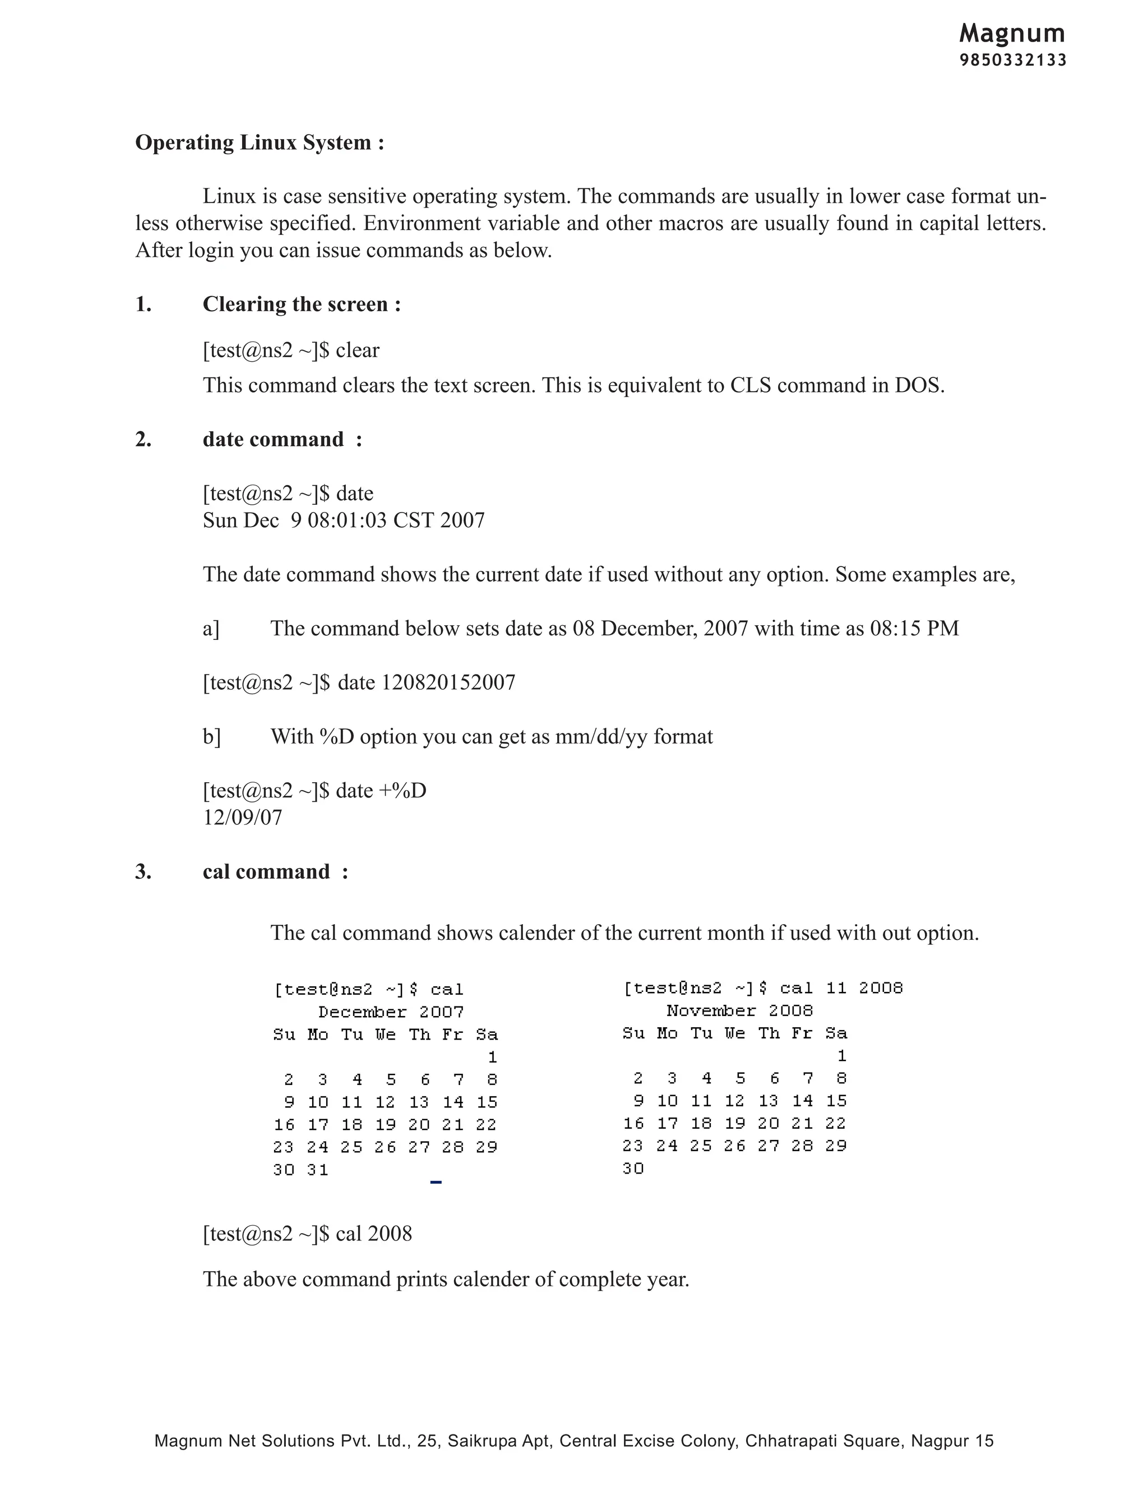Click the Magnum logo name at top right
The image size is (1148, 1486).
(1012, 33)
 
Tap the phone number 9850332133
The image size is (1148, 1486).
(1013, 61)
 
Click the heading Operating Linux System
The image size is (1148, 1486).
(259, 143)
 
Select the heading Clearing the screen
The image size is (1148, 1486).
(301, 304)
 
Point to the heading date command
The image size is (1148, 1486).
(274, 440)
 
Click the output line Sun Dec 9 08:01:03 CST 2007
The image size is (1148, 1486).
(344, 520)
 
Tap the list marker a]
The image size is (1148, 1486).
(211, 629)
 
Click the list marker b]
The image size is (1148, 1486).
(211, 737)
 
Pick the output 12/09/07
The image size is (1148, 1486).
(242, 817)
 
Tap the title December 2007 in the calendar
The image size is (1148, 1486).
(391, 1012)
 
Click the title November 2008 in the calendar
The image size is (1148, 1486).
(739, 1011)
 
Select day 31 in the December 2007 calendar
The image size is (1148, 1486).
(318, 1170)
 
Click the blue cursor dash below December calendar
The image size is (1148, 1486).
(436, 1183)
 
